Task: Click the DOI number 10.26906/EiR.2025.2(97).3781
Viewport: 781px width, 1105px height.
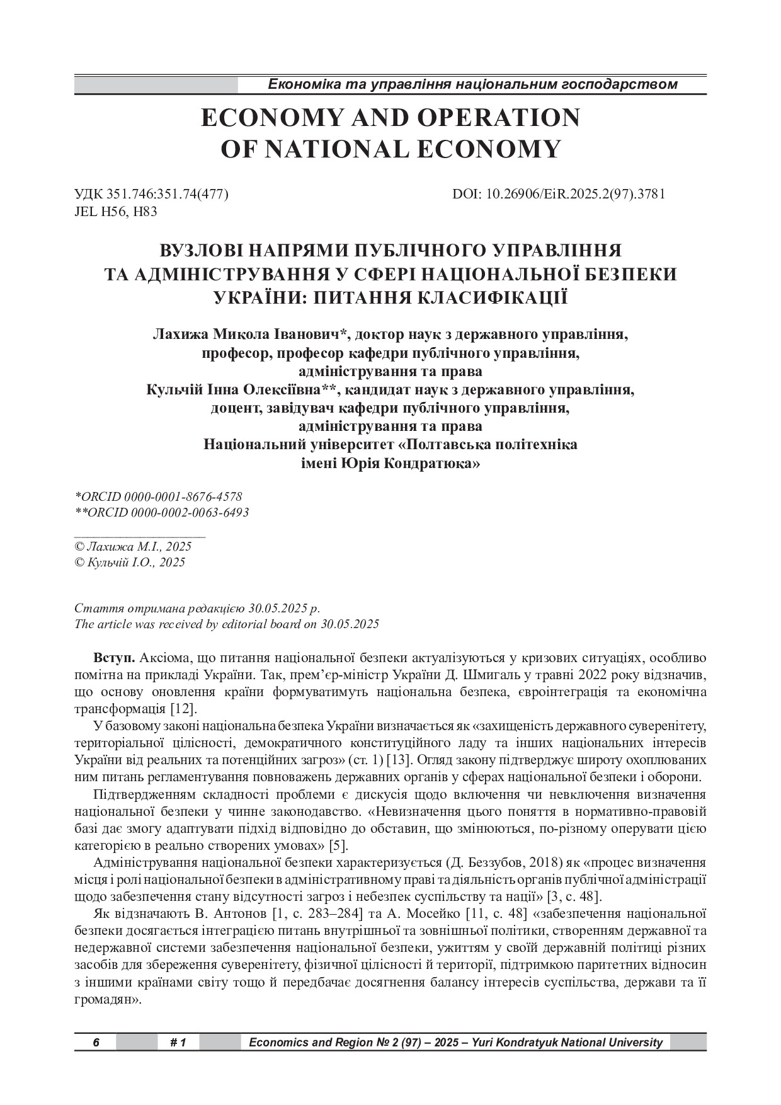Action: (x=576, y=194)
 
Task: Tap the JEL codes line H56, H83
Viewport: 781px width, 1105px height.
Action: (x=116, y=212)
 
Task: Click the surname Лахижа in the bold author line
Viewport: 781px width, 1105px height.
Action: (x=179, y=334)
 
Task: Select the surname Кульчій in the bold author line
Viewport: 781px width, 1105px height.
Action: (x=174, y=389)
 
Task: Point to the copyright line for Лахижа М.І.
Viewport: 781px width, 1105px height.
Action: (x=133, y=547)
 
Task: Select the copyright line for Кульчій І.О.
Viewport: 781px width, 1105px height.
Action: (x=130, y=563)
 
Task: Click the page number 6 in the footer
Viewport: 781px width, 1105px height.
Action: (x=96, y=1043)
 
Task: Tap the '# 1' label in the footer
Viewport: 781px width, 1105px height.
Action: (x=178, y=1043)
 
